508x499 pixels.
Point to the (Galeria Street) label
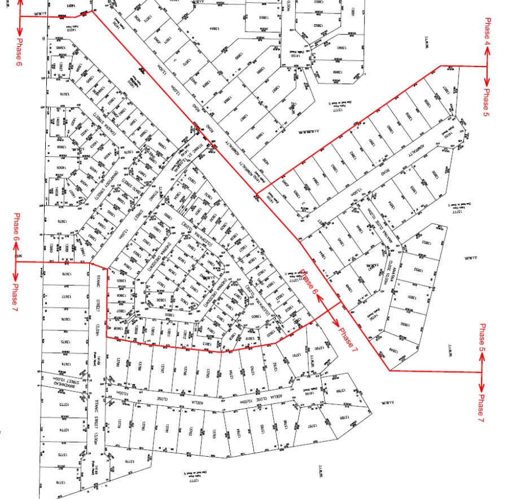pos(102,121)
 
